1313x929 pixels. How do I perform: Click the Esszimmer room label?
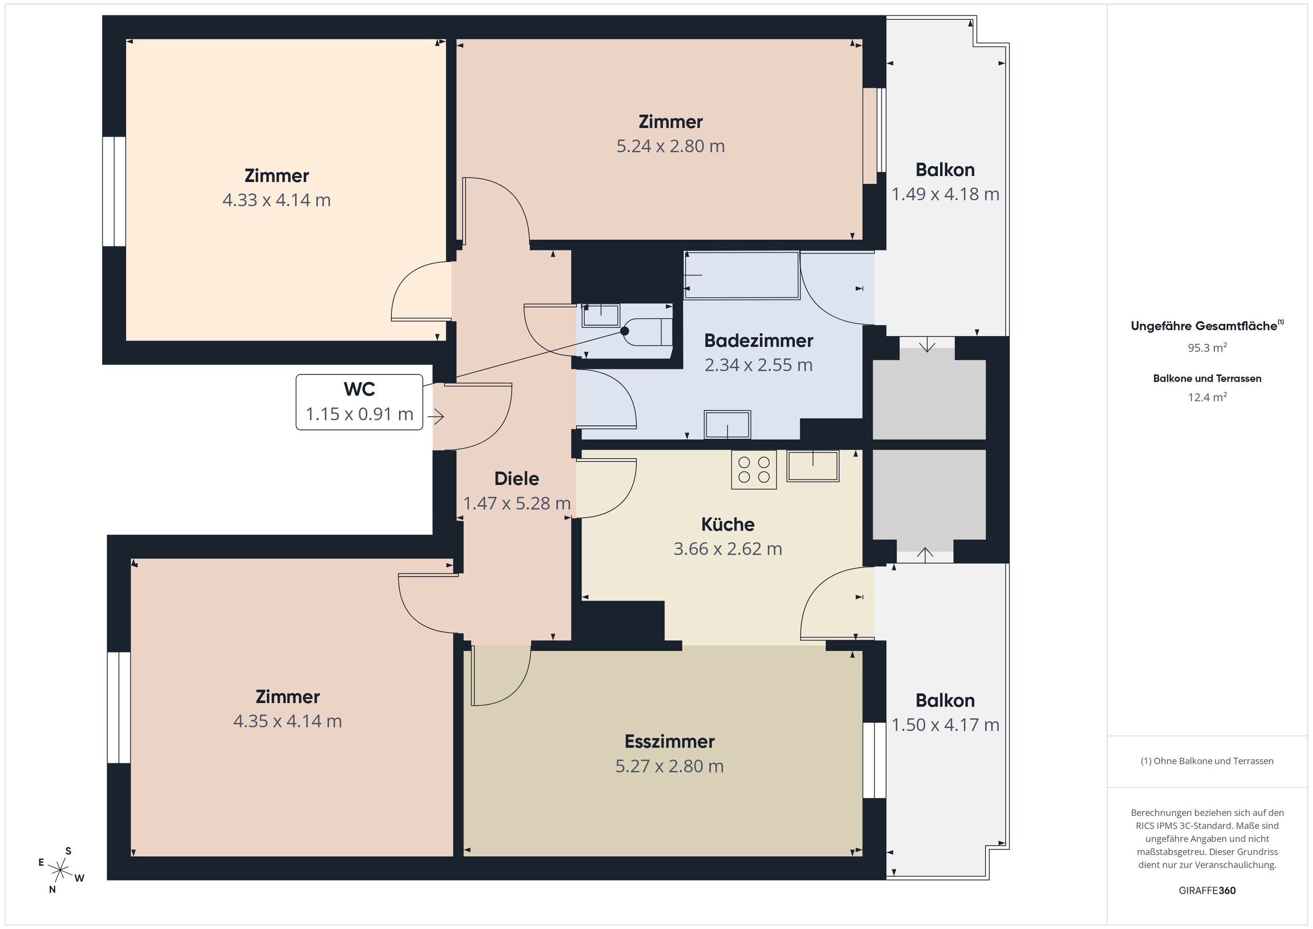(x=669, y=741)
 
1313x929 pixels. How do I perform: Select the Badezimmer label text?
(x=758, y=341)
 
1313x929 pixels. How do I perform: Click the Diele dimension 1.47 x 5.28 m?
(x=516, y=503)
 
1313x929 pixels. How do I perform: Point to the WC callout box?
(x=359, y=402)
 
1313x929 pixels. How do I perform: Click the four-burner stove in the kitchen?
(x=754, y=470)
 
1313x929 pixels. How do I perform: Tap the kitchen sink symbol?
(x=812, y=466)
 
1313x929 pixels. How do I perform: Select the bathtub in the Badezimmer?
(x=742, y=275)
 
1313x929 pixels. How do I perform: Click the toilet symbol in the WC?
(x=647, y=332)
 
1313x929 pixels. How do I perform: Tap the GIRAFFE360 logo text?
(x=1207, y=891)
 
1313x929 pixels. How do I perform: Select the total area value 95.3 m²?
(x=1207, y=347)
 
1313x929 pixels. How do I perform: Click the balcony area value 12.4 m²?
(x=1207, y=397)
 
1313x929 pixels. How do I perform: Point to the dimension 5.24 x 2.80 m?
(x=670, y=146)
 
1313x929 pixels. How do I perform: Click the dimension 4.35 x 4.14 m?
(x=288, y=721)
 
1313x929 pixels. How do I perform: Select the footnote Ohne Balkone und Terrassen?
(x=1207, y=761)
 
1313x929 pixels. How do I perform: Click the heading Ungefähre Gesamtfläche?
(x=1204, y=326)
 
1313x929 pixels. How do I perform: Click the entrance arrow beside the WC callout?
(x=436, y=417)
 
